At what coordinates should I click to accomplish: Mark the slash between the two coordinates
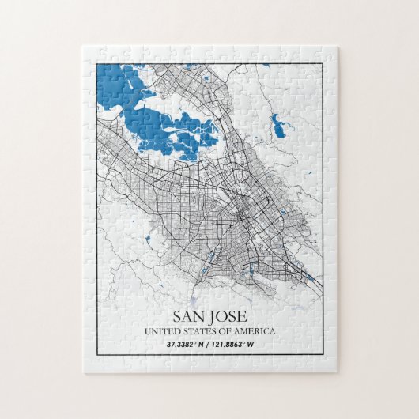(x=209, y=344)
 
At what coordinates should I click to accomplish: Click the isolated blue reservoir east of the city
(x=277, y=124)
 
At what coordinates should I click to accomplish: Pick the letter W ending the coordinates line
(x=252, y=344)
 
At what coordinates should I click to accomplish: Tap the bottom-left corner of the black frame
(x=96, y=358)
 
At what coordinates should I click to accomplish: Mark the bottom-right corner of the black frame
(x=323, y=358)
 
